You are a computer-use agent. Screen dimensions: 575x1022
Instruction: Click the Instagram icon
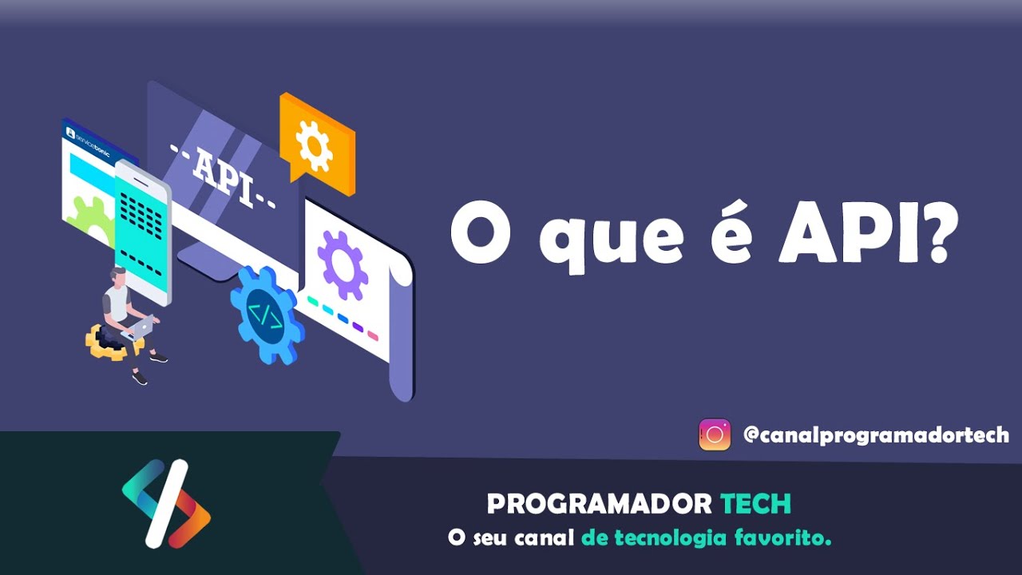[715, 435]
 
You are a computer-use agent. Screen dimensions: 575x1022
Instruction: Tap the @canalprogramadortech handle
[876, 435]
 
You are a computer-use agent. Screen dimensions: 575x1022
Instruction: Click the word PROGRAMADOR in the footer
[599, 504]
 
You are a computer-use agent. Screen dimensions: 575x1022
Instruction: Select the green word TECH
[755, 504]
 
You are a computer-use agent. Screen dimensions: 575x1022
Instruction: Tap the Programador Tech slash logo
[166, 504]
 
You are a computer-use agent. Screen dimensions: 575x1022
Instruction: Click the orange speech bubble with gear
[316, 141]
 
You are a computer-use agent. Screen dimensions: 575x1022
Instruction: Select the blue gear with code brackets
[266, 314]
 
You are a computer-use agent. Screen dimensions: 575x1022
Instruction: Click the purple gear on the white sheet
[343, 264]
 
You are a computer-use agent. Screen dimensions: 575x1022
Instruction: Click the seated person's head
[118, 276]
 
